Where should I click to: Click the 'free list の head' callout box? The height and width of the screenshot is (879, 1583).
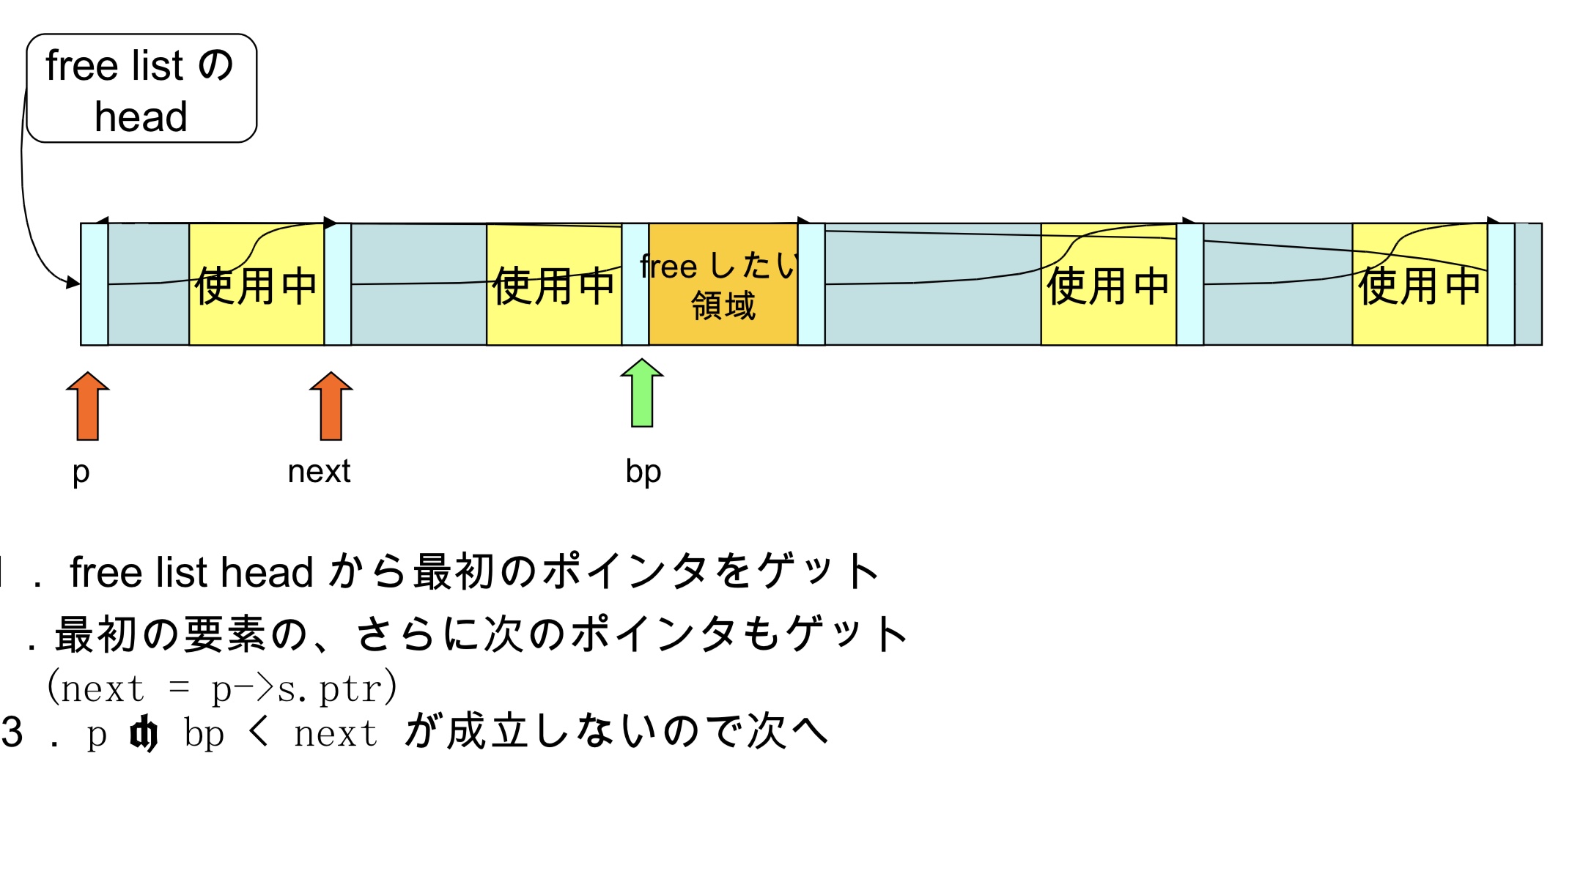tap(141, 88)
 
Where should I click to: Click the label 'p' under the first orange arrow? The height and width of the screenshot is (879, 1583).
tap(81, 472)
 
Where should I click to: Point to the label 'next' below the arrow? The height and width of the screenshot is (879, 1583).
tap(319, 471)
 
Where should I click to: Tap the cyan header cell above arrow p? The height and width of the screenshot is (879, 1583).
tap(95, 284)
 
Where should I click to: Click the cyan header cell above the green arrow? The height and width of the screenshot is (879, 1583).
tap(635, 284)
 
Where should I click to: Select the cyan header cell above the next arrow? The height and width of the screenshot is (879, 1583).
tap(338, 284)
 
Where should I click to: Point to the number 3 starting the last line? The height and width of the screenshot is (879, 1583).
tap(12, 732)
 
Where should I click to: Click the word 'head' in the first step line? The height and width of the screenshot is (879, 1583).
tap(267, 572)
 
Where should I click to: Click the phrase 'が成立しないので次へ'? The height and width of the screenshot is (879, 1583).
tap(616, 732)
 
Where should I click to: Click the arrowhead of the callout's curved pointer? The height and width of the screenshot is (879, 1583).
tap(73, 282)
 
